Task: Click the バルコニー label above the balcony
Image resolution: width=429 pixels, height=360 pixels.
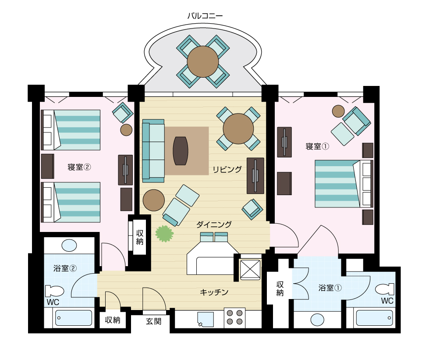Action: pyautogui.click(x=205, y=16)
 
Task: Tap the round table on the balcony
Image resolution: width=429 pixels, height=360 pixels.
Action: pyautogui.click(x=203, y=61)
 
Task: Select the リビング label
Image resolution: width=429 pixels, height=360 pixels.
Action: pyautogui.click(x=227, y=169)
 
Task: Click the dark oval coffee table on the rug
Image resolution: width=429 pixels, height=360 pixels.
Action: pyautogui.click(x=181, y=150)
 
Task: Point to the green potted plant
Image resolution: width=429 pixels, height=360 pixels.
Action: pyautogui.click(x=164, y=234)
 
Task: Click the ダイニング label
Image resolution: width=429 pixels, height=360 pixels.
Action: pyautogui.click(x=214, y=225)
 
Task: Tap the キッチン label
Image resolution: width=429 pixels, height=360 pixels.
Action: pyautogui.click(x=214, y=292)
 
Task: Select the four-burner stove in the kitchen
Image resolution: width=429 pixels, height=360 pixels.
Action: pyautogui.click(x=235, y=317)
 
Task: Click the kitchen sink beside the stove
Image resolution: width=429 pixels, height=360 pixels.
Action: pyautogui.click(x=206, y=319)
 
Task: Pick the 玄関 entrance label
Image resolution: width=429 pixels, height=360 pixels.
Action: pyautogui.click(x=153, y=321)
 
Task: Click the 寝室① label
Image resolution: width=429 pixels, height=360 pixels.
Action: pyautogui.click(x=317, y=146)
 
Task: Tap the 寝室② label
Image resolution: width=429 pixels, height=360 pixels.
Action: pyautogui.click(x=79, y=167)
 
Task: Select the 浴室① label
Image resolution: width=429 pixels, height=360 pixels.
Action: pyautogui.click(x=330, y=288)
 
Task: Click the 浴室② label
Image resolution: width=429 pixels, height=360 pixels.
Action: pyautogui.click(x=65, y=268)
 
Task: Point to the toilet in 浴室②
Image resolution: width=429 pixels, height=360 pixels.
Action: pyautogui.click(x=54, y=291)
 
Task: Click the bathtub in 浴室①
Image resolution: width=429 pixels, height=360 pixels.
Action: pyautogui.click(x=374, y=318)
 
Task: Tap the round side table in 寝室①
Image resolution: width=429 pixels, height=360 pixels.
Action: pyautogui.click(x=338, y=111)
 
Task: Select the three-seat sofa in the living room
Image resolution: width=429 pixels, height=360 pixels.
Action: pyautogui.click(x=153, y=151)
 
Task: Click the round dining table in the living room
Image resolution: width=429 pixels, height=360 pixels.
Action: pyautogui.click(x=238, y=128)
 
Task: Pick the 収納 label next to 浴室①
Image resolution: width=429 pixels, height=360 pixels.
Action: pyautogui.click(x=280, y=289)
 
